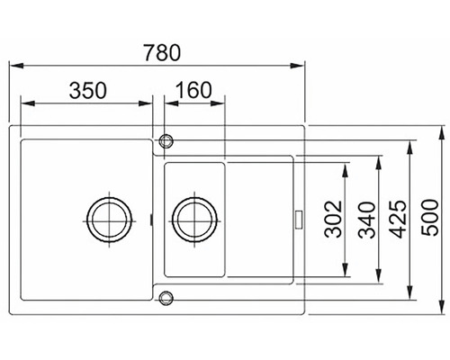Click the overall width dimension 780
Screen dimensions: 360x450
click(160, 51)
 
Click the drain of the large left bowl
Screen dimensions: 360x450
click(108, 218)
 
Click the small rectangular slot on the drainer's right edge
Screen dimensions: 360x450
click(296, 218)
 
